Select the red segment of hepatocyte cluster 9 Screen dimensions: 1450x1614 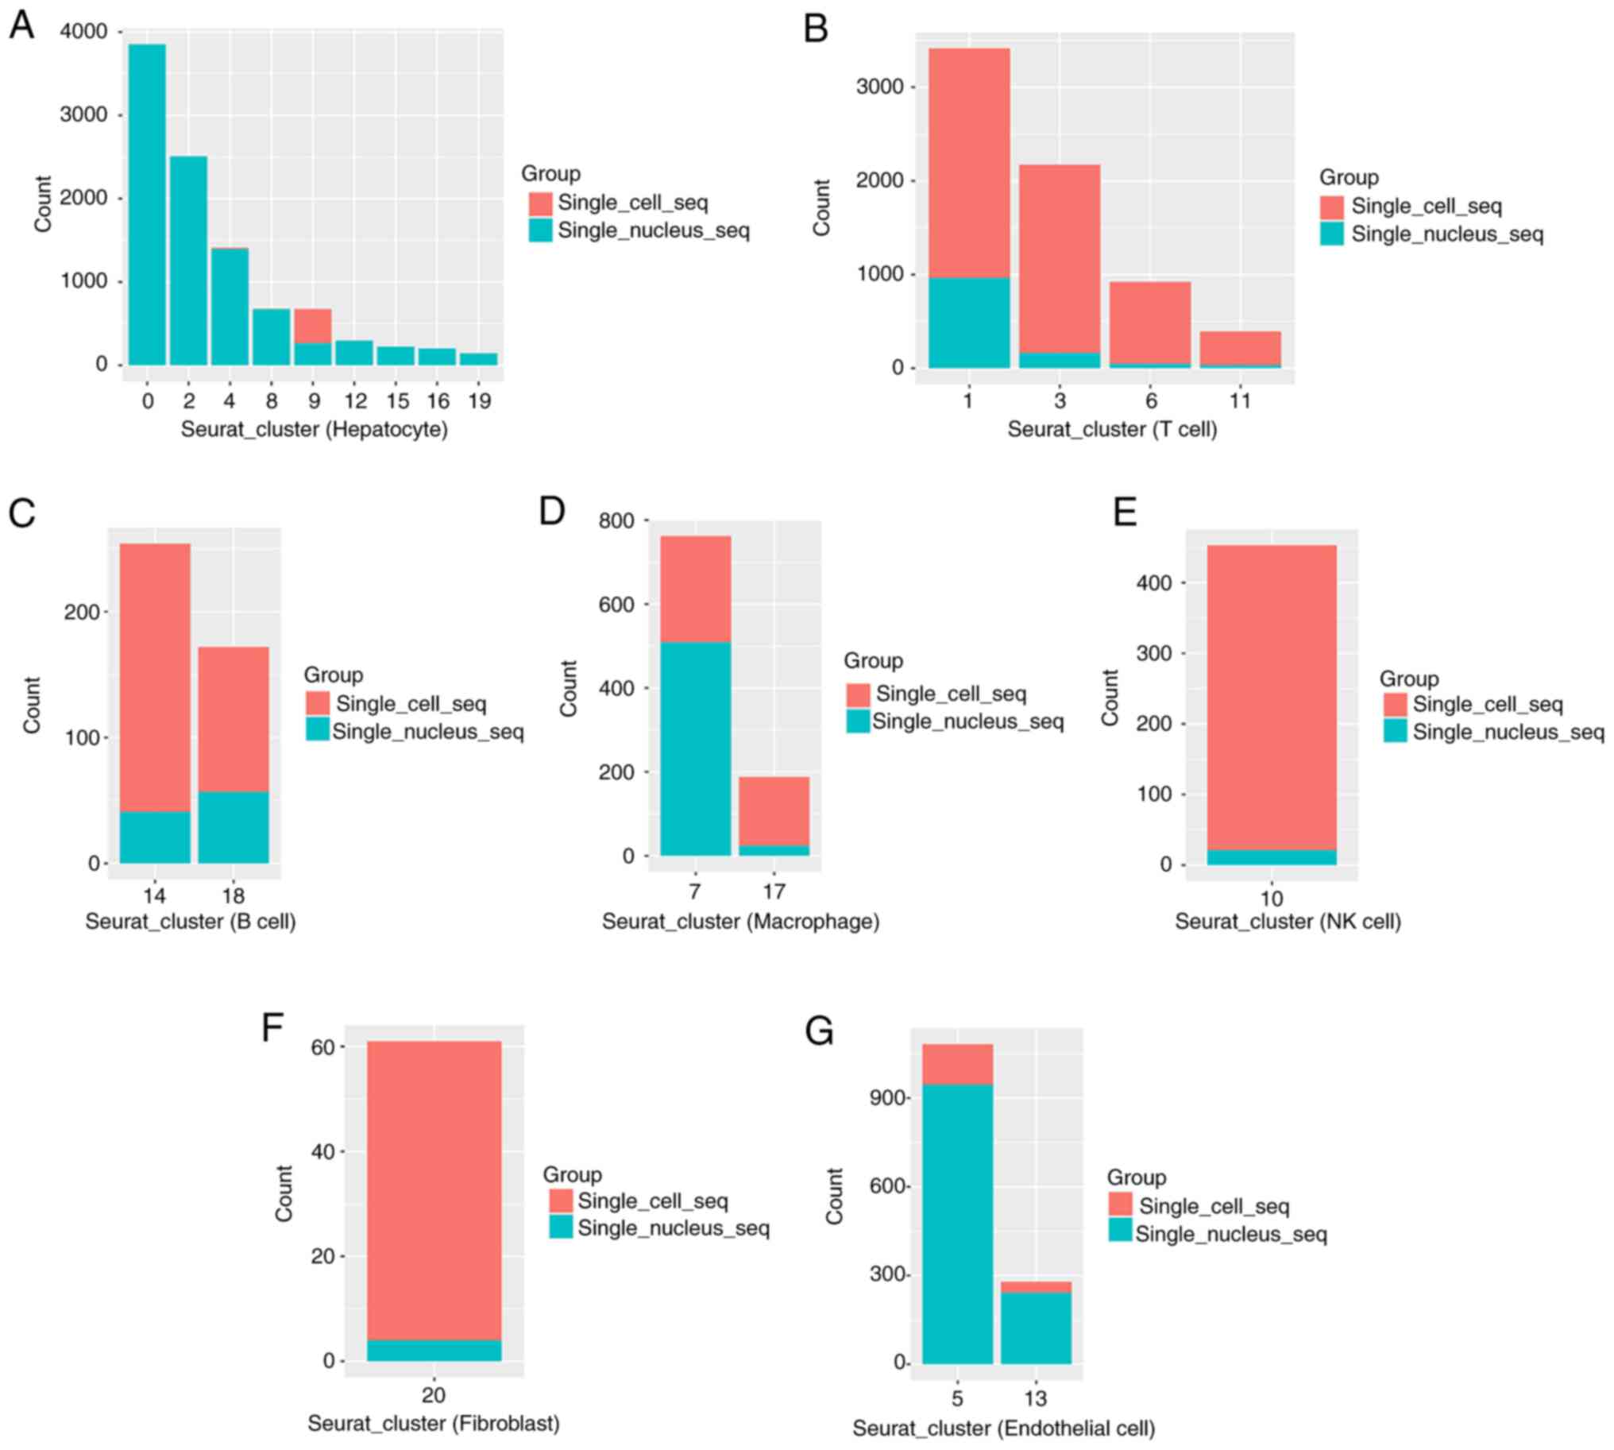tap(313, 326)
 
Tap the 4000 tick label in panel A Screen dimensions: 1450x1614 tap(83, 32)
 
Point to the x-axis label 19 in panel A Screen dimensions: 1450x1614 tap(479, 400)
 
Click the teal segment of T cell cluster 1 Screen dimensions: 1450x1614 tap(969, 323)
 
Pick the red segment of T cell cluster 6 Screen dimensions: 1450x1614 tap(1150, 323)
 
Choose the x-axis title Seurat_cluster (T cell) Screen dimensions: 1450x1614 tap(1112, 429)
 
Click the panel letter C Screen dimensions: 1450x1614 tap(22, 513)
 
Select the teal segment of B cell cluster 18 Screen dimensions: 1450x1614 tap(234, 827)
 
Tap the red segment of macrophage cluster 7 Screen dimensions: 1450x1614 tap(696, 589)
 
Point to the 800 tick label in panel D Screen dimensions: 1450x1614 tap(616, 521)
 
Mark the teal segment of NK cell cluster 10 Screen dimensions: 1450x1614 tap(1272, 857)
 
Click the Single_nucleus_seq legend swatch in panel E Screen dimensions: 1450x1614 tap(1395, 732)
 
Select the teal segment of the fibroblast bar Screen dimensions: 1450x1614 tap(434, 1350)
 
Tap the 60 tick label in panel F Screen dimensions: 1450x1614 tap(322, 1047)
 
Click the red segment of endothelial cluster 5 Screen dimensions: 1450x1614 tap(958, 1064)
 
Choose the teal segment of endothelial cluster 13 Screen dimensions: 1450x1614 tap(1036, 1328)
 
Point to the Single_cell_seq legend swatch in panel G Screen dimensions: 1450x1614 tap(1120, 1204)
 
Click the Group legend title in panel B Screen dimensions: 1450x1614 tap(1349, 178)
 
